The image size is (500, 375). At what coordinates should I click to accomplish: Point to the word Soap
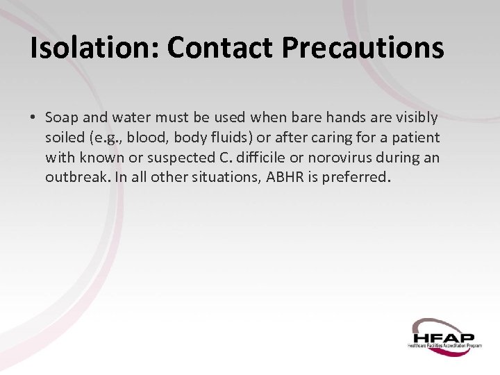tap(62, 119)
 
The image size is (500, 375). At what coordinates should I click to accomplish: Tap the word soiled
tap(65, 138)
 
